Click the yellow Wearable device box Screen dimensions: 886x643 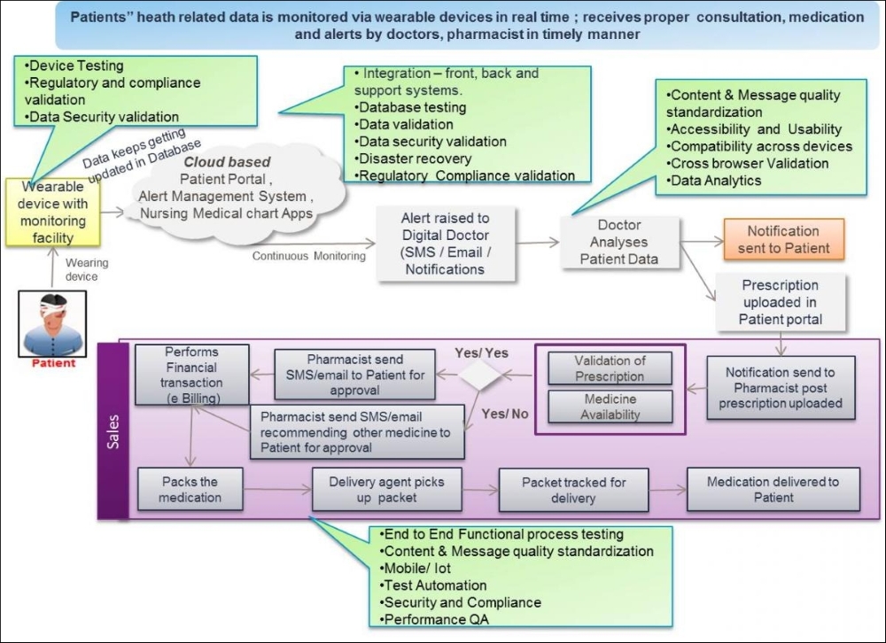pyautogui.click(x=53, y=213)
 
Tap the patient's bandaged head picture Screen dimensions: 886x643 pyautogui.click(x=52, y=324)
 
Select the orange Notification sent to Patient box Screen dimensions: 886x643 pyautogui.click(x=784, y=239)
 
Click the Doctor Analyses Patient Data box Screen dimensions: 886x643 pyautogui.click(x=619, y=242)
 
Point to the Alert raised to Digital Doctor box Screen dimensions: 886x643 pyautogui.click(x=446, y=244)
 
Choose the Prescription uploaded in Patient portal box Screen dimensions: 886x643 pyautogui.click(x=781, y=302)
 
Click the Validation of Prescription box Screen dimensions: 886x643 pyautogui.click(x=610, y=368)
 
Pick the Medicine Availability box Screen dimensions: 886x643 pyautogui.click(x=610, y=407)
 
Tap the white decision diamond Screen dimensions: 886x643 pyautogui.click(x=479, y=375)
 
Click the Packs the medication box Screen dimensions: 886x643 pyautogui.click(x=190, y=489)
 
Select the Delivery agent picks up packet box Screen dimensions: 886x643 pyautogui.click(x=386, y=489)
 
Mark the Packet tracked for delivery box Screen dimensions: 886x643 pyautogui.click(x=573, y=490)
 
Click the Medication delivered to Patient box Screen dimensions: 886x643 pyautogui.click(x=773, y=489)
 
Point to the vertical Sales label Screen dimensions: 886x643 pyautogui.click(x=113, y=431)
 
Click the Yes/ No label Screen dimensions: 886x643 pyautogui.click(x=505, y=414)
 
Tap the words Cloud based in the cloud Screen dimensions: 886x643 pyautogui.click(x=227, y=161)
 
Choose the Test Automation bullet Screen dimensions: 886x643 pyautogui.click(x=433, y=585)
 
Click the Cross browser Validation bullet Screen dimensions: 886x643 pyautogui.click(x=748, y=163)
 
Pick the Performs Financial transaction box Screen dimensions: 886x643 pyautogui.click(x=192, y=375)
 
